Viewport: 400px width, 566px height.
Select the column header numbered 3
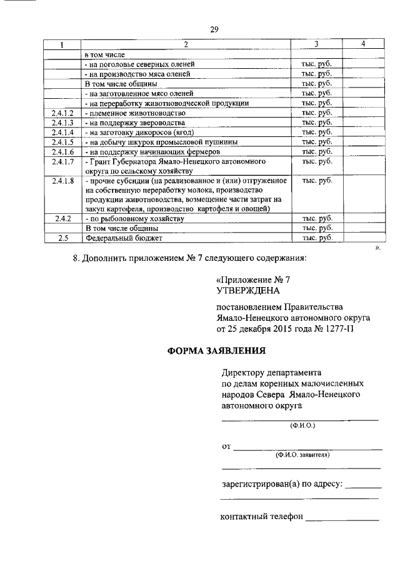click(316, 44)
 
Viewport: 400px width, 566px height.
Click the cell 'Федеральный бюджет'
click(116, 238)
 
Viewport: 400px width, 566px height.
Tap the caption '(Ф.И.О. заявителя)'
click(302, 455)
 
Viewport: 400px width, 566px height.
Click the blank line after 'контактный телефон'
click(342, 518)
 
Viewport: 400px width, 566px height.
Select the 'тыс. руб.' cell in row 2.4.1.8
click(316, 181)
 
